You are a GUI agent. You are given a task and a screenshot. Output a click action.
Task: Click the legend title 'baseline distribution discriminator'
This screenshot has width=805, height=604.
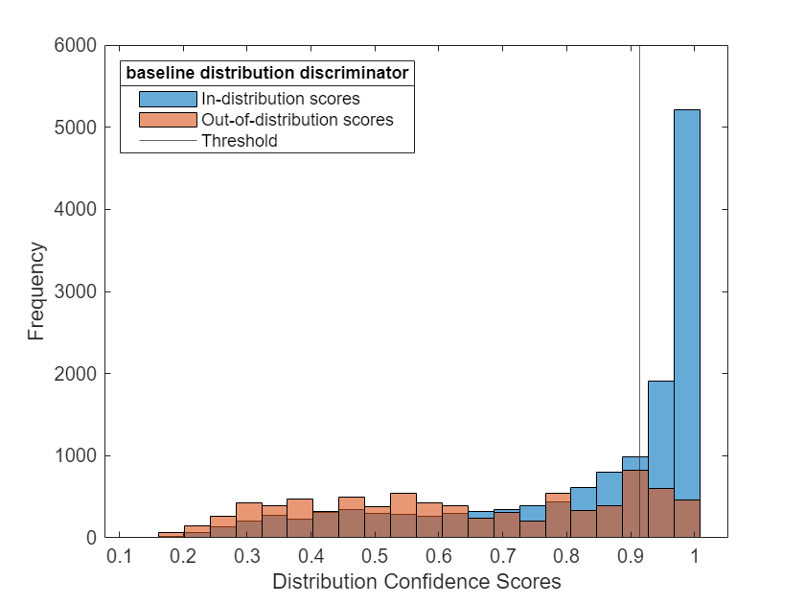point(267,73)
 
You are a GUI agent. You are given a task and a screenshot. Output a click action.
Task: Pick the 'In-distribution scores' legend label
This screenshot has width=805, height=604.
point(280,98)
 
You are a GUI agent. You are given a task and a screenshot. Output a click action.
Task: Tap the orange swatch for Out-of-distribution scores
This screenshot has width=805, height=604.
point(168,120)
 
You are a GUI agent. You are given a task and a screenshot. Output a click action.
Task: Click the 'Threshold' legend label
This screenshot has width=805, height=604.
point(239,141)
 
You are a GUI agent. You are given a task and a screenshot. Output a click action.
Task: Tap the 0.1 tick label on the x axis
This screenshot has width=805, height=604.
point(119,556)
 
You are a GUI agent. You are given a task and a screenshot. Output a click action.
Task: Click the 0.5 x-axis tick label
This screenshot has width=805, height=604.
point(376,556)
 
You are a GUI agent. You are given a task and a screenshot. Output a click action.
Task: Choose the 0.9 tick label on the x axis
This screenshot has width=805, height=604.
point(632,556)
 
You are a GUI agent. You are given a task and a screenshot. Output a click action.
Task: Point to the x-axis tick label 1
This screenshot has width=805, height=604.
point(697,556)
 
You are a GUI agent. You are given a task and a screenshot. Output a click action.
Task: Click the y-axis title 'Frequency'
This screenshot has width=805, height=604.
point(36,291)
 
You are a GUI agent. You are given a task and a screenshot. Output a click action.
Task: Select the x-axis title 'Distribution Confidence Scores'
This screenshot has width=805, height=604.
point(416,582)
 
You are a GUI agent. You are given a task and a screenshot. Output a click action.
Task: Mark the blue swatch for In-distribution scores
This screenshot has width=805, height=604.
point(168,98)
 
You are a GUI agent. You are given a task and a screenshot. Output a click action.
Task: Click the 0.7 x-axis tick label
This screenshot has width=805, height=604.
point(504,556)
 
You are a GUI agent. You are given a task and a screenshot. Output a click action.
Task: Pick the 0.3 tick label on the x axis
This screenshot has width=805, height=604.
point(247,556)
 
